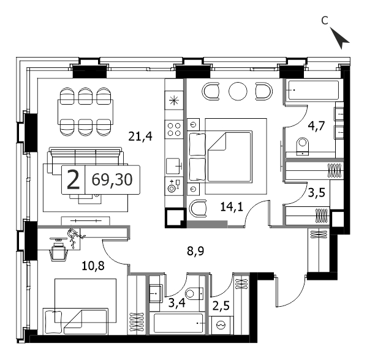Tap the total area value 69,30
pyautogui.click(x=112, y=179)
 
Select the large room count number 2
pyautogui.click(x=74, y=179)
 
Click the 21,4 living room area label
pyautogui.click(x=140, y=137)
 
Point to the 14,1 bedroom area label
pyautogui.click(x=232, y=207)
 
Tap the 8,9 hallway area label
pyautogui.click(x=195, y=251)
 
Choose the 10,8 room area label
pyautogui.click(x=93, y=266)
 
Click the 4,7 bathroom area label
pyautogui.click(x=316, y=127)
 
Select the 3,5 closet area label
pyautogui.click(x=317, y=193)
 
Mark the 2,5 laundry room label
pyautogui.click(x=221, y=306)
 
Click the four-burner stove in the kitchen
pyautogui.click(x=174, y=129)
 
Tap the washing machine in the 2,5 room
pyautogui.click(x=221, y=325)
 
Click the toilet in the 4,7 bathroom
pyautogui.click(x=303, y=146)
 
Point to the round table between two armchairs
pyautogui.click(x=238, y=91)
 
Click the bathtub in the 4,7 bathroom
pyautogui.click(x=314, y=90)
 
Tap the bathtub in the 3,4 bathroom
pyautogui.click(x=178, y=323)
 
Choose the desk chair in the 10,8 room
pyautogui.click(x=58, y=252)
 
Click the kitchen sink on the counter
pyautogui.click(x=173, y=166)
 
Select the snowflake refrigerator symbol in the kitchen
pyautogui.click(x=174, y=101)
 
